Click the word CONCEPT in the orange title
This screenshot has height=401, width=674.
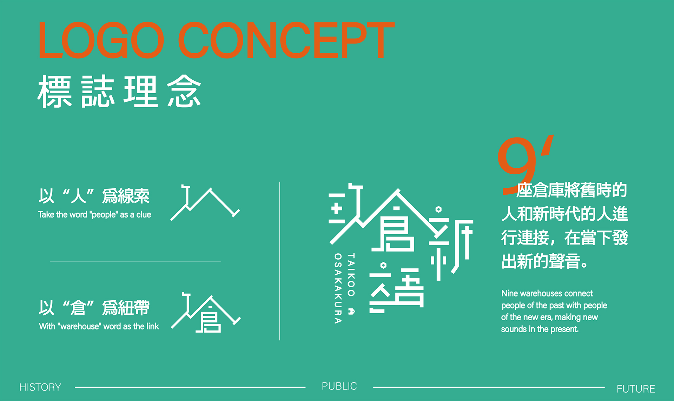(286, 40)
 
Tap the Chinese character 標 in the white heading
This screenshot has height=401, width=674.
(55, 91)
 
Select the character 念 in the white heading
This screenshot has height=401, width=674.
(184, 91)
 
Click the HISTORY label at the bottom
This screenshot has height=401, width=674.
(40, 387)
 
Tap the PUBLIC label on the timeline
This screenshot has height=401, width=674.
(339, 386)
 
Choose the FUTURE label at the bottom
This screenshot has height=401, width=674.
(636, 389)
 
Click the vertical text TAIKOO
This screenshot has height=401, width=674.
(351, 274)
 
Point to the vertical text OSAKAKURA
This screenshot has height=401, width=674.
(338, 288)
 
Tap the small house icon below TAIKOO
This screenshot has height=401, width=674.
(351, 311)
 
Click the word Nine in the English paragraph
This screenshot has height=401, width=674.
(509, 293)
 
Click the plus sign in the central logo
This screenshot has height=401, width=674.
(336, 209)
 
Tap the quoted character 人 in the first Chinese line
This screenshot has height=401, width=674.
(78, 196)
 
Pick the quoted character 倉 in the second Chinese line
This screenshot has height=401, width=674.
(78, 308)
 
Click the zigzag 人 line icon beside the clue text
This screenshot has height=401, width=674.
(205, 203)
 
